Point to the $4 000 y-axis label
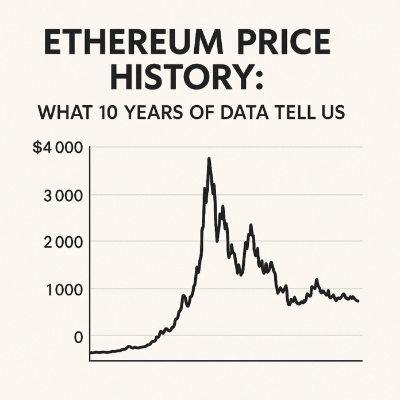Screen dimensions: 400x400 pos(57,148)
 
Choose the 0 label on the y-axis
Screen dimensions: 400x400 pos(78,337)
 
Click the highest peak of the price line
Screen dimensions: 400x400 pos(209,159)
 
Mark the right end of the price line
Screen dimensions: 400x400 pos(358,301)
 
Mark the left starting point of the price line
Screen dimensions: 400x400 pos(91,353)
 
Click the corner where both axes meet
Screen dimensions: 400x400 pos(90,360)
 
